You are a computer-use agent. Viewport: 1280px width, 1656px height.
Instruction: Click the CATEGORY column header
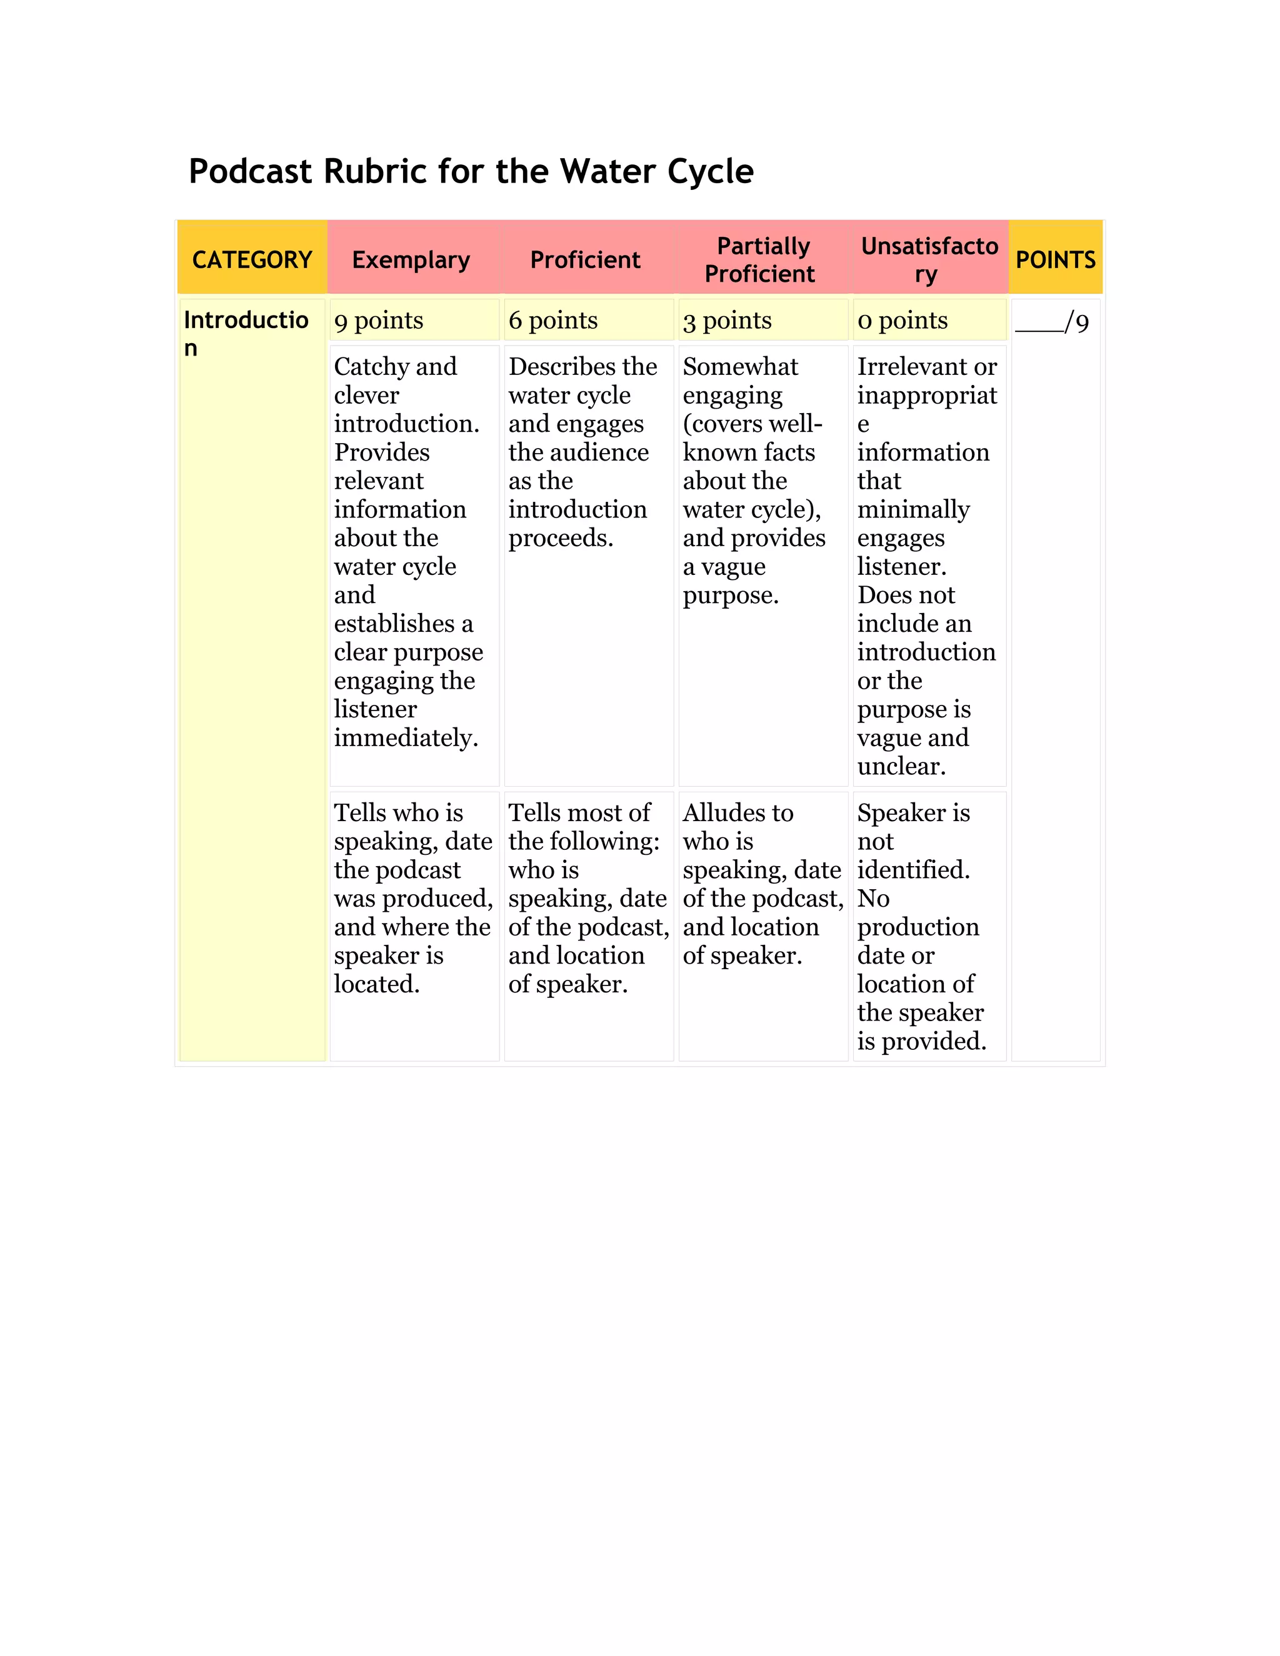coord(252,260)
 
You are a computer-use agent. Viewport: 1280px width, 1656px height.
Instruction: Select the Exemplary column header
coord(411,260)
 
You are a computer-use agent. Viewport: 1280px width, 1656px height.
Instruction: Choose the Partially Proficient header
coord(761,260)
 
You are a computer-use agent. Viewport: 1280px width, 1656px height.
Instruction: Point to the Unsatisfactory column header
coord(929,260)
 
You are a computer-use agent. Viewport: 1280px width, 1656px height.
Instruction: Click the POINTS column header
coord(1055,260)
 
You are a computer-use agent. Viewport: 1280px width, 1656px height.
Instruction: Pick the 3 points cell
coord(726,321)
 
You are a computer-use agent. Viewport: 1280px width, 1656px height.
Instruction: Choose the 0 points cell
coord(902,321)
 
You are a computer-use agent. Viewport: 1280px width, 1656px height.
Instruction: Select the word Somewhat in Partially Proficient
coord(740,367)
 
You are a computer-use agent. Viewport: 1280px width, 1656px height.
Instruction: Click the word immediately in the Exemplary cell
coord(406,738)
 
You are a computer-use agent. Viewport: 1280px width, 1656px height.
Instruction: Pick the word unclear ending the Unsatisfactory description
coord(901,767)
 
